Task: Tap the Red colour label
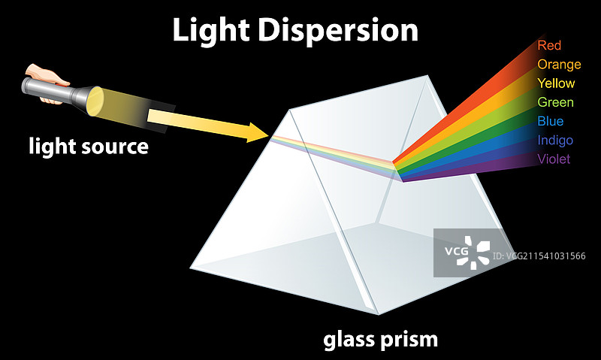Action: pyautogui.click(x=549, y=46)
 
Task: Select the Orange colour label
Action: pyautogui.click(x=559, y=65)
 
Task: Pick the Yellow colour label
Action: pyautogui.click(x=556, y=83)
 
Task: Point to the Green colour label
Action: pyautogui.click(x=555, y=102)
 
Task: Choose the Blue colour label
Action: pyautogui.click(x=550, y=121)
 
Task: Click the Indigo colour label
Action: pyautogui.click(x=555, y=140)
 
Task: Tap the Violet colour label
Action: pyautogui.click(x=554, y=159)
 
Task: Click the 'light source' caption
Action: pyautogui.click(x=89, y=147)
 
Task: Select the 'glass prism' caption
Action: pyautogui.click(x=380, y=340)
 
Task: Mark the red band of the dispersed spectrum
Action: pyautogui.click(x=466, y=105)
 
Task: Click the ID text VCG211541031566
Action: pyautogui.click(x=539, y=256)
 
